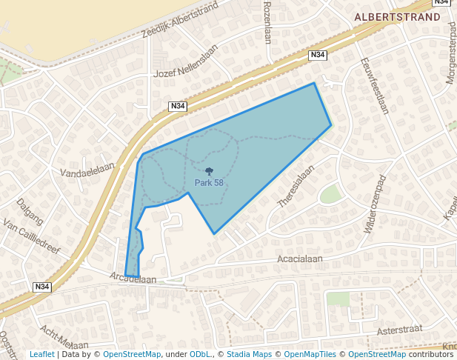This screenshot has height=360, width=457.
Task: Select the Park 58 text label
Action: (x=209, y=183)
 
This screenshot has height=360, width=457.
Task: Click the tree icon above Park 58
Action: (x=209, y=172)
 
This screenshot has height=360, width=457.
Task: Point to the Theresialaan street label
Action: (x=296, y=185)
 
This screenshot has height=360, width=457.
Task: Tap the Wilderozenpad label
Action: (x=375, y=204)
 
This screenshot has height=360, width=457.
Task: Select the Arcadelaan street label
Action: (x=133, y=279)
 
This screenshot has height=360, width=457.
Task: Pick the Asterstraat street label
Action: (x=398, y=330)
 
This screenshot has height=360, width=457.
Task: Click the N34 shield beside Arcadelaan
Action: (x=42, y=287)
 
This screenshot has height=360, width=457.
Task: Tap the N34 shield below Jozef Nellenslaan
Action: (x=178, y=106)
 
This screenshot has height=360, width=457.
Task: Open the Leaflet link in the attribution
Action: (x=41, y=354)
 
